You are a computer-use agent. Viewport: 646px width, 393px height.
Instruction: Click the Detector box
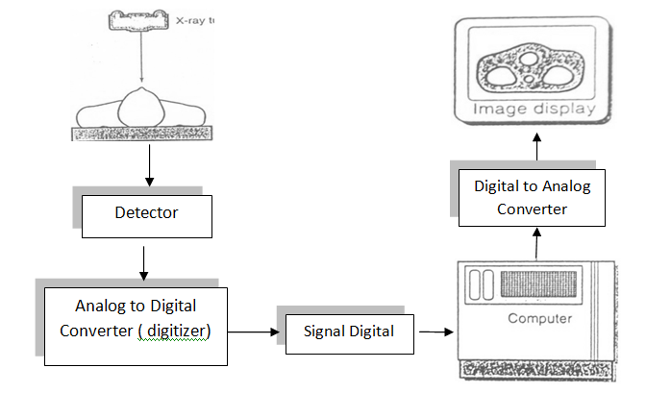pyautogui.click(x=146, y=212)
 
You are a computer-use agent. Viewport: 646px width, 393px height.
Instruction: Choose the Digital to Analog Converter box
pyautogui.click(x=531, y=197)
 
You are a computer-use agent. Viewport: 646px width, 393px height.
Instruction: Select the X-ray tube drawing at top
pyautogui.click(x=142, y=18)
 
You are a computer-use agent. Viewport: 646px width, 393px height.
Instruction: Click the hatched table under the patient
pyautogui.click(x=143, y=135)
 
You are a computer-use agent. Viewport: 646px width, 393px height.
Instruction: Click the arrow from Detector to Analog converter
pyautogui.click(x=145, y=260)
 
